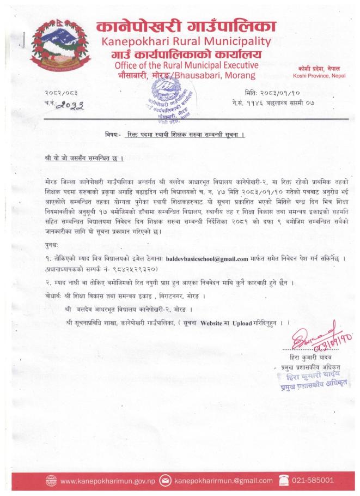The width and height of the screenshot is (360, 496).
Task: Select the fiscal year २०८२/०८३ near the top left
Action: coord(61,94)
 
